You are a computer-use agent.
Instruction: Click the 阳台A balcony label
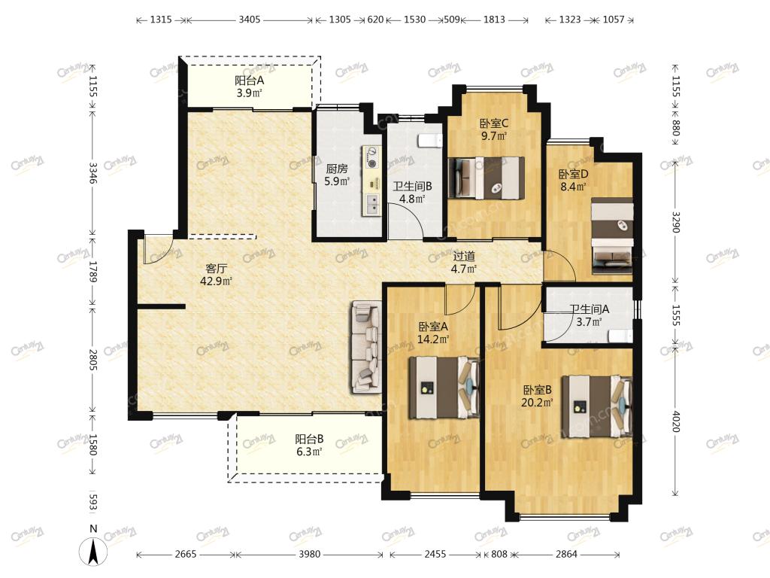[249, 80]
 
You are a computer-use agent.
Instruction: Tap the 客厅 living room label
[216, 269]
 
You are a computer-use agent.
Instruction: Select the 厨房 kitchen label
[337, 169]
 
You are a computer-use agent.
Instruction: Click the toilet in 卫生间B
[429, 141]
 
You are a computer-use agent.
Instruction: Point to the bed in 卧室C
[487, 178]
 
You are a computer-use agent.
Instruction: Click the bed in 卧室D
[612, 236]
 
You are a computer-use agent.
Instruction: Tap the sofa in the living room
[366, 347]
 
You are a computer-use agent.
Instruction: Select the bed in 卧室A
[444, 388]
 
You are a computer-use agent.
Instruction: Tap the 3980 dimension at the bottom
[309, 555]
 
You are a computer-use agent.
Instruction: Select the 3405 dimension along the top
[250, 20]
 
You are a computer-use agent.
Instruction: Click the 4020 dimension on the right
[676, 421]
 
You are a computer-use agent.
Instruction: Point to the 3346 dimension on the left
[92, 172]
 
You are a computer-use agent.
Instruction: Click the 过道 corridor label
[464, 256]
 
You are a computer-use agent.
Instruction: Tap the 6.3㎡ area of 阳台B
[309, 452]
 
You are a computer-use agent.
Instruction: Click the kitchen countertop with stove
[371, 181]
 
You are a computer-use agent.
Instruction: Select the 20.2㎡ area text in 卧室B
[537, 403]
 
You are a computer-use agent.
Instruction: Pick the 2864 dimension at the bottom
[566, 555]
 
